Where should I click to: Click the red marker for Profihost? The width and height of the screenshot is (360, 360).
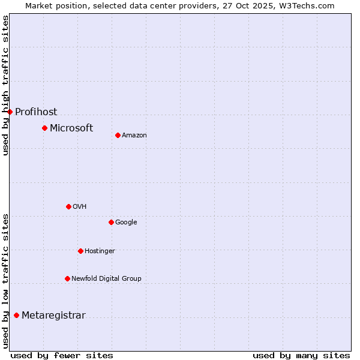[10, 112]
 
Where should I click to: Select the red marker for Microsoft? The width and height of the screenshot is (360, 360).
[44, 128]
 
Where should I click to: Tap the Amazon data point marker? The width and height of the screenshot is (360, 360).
[118, 135]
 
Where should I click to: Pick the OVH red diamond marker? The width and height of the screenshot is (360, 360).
[68, 206]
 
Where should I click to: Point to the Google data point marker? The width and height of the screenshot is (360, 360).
[111, 222]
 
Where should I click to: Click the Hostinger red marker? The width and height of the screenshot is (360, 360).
[80, 251]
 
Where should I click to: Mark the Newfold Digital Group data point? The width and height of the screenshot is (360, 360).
[67, 278]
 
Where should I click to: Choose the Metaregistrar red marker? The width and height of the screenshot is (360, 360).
[16, 315]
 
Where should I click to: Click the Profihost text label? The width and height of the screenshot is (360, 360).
[36, 112]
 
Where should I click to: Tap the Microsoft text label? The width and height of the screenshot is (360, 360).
[71, 128]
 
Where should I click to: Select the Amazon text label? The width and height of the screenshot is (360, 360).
[134, 136]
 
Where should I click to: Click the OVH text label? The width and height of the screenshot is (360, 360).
[80, 207]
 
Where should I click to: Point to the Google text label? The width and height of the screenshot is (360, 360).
[126, 223]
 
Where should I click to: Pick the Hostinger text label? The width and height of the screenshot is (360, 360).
[100, 251]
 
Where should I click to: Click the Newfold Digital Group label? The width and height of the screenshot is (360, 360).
[106, 278]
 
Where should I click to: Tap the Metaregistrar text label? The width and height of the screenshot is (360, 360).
[53, 316]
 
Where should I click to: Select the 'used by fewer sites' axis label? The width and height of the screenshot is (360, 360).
[62, 355]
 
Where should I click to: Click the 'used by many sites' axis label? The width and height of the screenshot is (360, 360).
[301, 355]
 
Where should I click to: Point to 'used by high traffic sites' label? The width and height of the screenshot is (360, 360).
[5, 85]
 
